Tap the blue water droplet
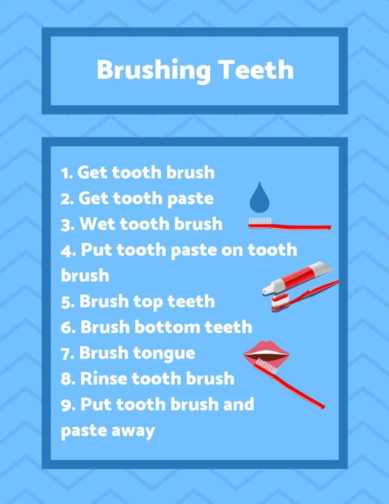pos(259,197)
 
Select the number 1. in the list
pos(67,173)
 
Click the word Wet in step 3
pos(96,224)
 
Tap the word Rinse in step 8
pos(103,378)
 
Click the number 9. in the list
pos(68,404)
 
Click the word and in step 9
pos(238,404)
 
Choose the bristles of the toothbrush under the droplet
pos(258,221)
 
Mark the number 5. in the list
pos(68,302)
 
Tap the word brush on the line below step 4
pos(85,276)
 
